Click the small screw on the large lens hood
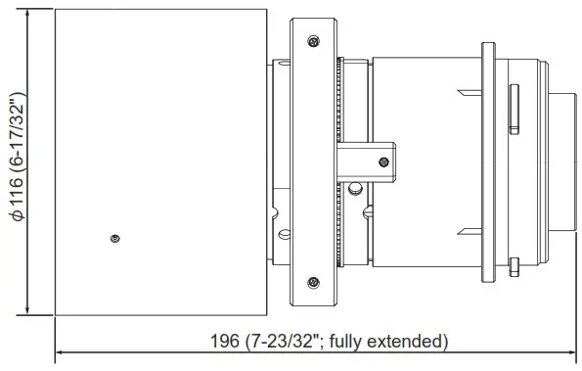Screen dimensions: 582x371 click(115, 237)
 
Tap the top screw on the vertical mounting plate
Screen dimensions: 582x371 click(312, 41)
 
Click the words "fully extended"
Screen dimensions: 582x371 click(391, 342)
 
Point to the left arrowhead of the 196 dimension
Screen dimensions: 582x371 click(60, 350)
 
